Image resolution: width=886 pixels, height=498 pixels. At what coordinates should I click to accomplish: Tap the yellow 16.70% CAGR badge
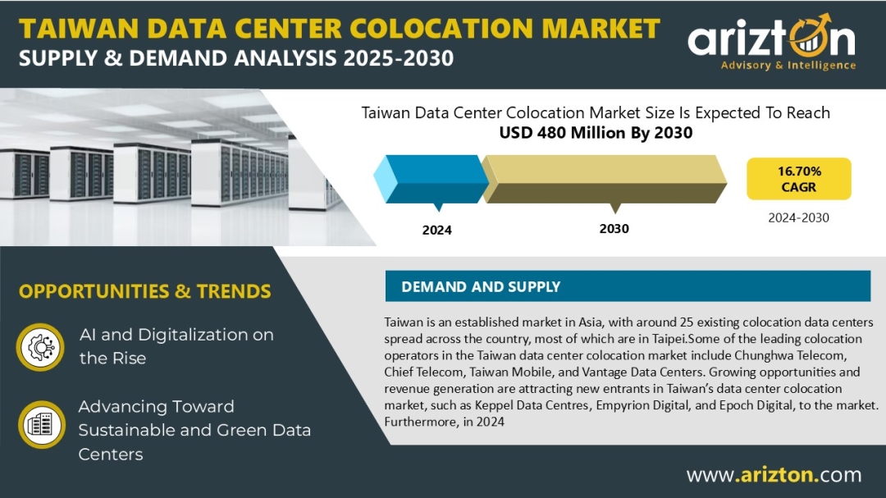[798, 179]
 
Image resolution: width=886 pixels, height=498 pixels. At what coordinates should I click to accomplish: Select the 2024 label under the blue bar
[436, 230]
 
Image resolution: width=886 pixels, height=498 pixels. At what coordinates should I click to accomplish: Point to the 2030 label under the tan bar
[614, 228]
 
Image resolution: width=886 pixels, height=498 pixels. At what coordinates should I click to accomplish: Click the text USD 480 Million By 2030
[596, 133]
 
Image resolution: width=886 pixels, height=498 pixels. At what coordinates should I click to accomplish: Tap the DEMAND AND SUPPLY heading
[481, 286]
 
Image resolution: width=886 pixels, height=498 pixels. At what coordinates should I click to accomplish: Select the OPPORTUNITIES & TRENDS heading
[144, 291]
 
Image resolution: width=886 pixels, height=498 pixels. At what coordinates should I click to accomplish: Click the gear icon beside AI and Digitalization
[40, 346]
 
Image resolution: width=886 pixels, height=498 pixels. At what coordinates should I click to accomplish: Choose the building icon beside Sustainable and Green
[40, 425]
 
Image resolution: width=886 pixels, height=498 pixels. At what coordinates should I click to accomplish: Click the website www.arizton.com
[773, 474]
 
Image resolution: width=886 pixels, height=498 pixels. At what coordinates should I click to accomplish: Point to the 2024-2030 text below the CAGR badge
[798, 218]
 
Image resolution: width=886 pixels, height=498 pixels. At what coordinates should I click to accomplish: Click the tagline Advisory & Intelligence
[788, 66]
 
